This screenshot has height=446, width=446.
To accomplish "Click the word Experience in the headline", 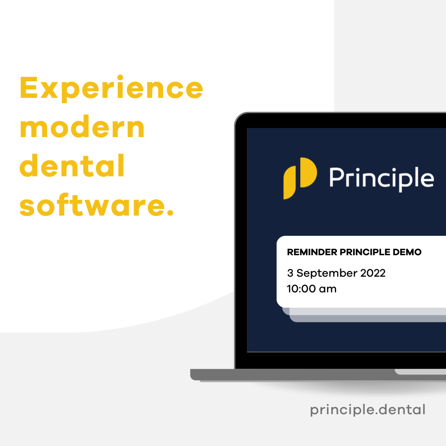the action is coord(111,88).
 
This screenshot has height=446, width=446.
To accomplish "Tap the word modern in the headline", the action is coord(82,127).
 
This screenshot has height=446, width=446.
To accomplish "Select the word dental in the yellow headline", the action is coord(72,165).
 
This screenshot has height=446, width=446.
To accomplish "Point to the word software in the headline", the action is coord(91,204).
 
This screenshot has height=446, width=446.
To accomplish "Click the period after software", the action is coord(170,213).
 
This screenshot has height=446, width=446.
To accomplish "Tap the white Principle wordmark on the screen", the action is coord(382,178).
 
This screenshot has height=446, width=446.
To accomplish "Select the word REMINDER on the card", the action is coord(312,252).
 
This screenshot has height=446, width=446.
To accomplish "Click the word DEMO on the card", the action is coord(407,252).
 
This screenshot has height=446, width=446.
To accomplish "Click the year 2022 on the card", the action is coord(373,273).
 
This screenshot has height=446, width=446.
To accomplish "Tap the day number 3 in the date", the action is coord(290,273).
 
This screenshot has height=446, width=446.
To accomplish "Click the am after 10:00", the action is coord(327,289).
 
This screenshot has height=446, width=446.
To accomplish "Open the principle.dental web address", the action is coord(368,410).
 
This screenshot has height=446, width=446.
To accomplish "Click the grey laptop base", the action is coord(318,375).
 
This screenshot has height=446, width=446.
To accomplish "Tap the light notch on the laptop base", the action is coord(420,372).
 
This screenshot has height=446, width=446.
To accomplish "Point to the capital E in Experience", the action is coord(28,88).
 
